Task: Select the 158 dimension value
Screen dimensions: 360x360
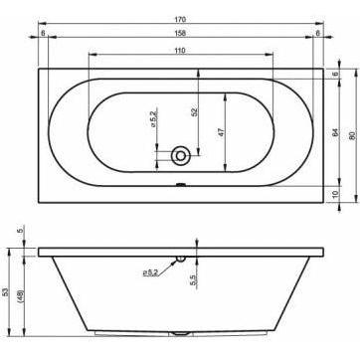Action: tap(180, 33)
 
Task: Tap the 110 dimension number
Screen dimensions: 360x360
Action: tap(180, 50)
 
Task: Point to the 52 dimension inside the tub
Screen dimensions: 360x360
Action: tap(195, 111)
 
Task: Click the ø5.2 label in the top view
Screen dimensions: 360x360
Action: tap(153, 120)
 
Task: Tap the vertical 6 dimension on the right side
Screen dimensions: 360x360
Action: tap(334, 74)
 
